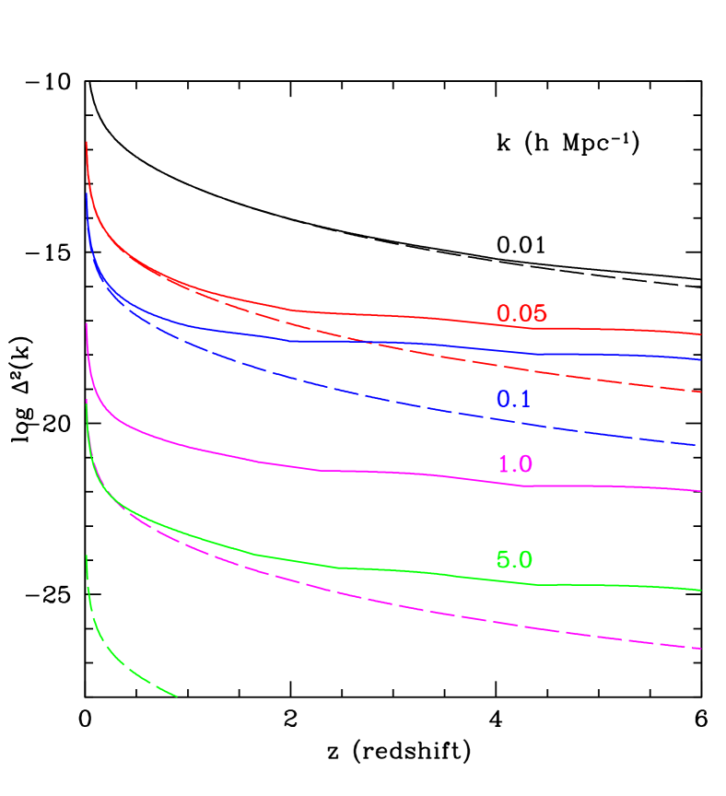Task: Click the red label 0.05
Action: tap(521, 314)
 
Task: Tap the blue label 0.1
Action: tap(513, 400)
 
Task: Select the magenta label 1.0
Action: tap(515, 464)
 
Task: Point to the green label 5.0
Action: tap(514, 560)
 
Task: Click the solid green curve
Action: tap(415, 573)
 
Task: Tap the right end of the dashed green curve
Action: tap(176, 696)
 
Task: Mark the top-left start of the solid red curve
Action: tap(87, 143)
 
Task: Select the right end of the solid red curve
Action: tap(701, 334)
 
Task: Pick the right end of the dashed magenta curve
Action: tap(701, 649)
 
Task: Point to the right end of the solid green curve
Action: tap(701, 590)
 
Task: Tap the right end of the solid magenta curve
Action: tap(701, 491)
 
